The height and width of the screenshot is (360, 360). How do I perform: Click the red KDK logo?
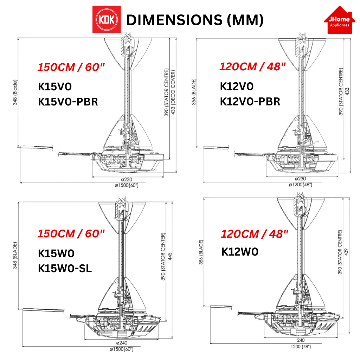coord(107,19)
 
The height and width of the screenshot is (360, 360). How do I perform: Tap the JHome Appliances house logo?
coord(339,20)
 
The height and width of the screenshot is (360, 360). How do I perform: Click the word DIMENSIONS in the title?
coord(174,20)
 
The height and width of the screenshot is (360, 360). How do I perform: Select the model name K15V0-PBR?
coord(68,102)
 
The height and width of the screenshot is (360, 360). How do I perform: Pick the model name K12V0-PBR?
coord(250,102)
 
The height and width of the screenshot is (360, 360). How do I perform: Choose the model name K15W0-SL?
coord(65,268)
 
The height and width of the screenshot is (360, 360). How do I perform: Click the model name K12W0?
coord(240,252)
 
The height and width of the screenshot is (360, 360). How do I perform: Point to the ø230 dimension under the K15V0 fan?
coord(127,180)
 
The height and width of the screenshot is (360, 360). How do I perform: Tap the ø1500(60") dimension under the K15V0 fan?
coord(127,185)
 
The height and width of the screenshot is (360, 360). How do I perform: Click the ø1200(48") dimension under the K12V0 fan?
coord(301,184)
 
